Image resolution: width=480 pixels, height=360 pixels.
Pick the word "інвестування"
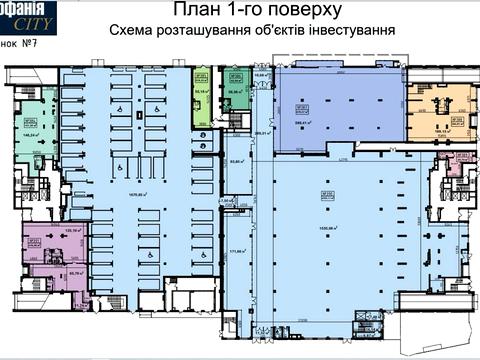354,31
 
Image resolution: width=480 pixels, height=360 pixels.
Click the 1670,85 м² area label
137,195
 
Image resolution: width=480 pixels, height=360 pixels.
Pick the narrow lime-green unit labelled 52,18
200,91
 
